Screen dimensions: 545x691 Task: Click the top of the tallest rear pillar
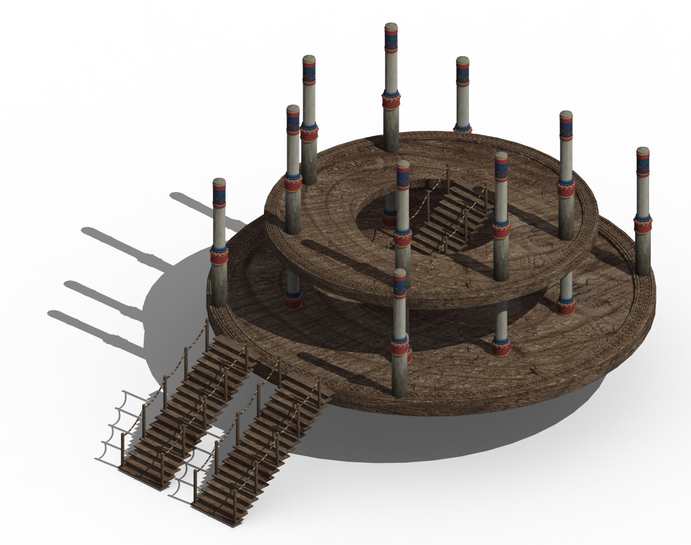coord(391,26)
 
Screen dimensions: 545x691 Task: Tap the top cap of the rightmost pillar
coord(642,151)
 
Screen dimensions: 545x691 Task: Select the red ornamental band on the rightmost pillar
coord(642,225)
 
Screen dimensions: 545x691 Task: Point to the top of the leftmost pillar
coord(219,182)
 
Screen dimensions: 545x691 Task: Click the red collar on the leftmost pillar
coord(219,257)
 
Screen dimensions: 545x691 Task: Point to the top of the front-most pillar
coord(399,273)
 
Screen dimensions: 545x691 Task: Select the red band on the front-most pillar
coord(399,347)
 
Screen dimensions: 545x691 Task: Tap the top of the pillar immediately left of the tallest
coord(309,58)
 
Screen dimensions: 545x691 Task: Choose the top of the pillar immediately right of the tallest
coord(463,59)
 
